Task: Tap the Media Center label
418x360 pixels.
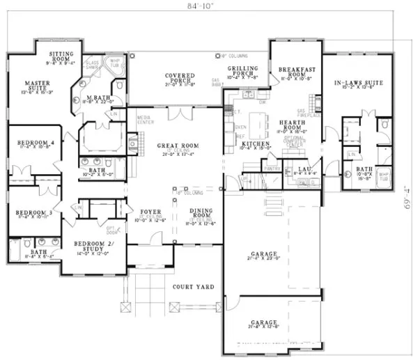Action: coord(145,120)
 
